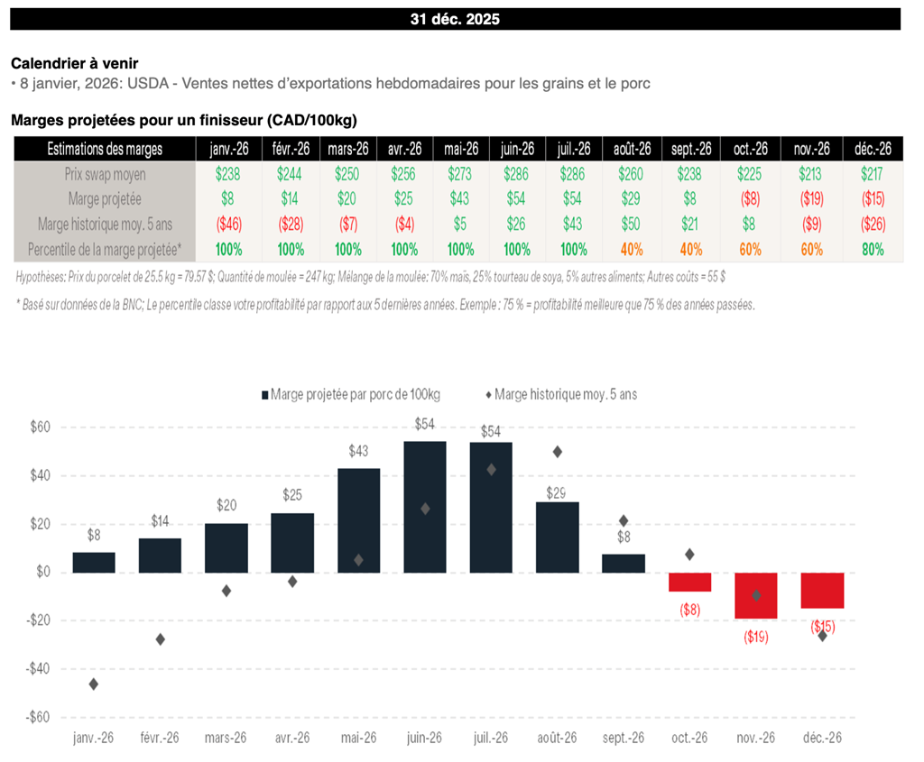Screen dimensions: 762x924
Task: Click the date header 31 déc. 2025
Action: [x=456, y=19]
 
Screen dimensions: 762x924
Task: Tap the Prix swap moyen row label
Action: [x=105, y=173]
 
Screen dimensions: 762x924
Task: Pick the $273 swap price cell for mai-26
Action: [x=459, y=173]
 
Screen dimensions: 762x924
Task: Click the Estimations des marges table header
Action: [x=105, y=149]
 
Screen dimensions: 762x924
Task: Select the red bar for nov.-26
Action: [x=756, y=595]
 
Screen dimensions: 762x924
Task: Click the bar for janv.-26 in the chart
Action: [x=94, y=562]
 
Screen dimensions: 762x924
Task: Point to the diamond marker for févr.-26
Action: [x=160, y=639]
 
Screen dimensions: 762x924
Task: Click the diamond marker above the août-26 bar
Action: [x=558, y=452]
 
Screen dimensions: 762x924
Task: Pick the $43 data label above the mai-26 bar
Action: [x=358, y=451]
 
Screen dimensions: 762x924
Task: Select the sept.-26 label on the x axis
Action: [x=624, y=737]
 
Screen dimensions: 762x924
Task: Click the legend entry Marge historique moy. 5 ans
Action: [x=565, y=394]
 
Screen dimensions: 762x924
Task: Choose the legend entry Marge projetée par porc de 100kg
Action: [x=354, y=394]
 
